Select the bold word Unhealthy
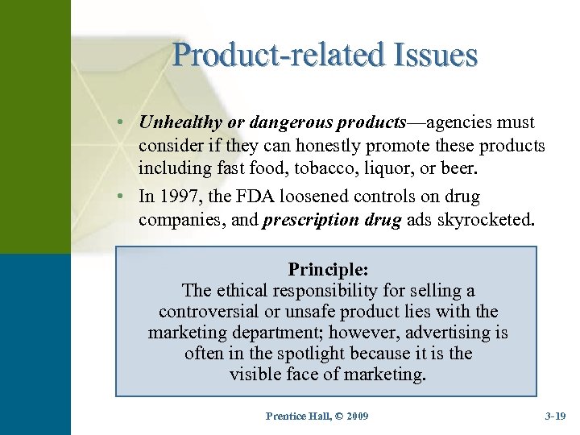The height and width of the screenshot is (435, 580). click(x=180, y=123)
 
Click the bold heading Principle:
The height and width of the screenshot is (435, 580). click(x=328, y=268)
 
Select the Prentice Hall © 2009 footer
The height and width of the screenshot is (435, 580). click(x=317, y=415)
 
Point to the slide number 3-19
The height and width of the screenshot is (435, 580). click(x=556, y=416)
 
